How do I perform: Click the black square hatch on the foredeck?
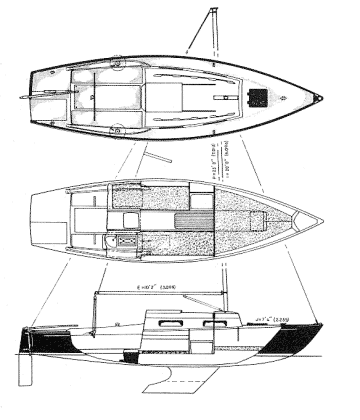pos(262,96)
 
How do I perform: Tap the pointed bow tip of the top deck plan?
pos(322,97)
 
